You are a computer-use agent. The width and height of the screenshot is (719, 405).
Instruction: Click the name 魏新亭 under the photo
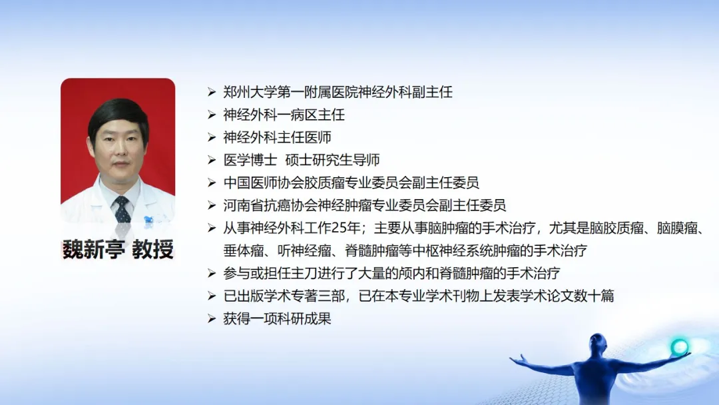point(94,249)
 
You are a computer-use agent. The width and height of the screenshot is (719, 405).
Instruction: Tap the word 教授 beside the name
point(153,249)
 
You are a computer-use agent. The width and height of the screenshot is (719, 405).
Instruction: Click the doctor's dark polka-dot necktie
point(122,209)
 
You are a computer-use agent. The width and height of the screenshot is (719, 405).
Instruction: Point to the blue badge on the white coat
point(148,221)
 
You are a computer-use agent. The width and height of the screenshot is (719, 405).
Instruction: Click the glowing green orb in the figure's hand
point(679,347)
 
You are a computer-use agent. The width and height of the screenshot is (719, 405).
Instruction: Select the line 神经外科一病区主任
point(284,115)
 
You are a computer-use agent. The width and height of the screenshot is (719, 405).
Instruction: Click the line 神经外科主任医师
point(277,137)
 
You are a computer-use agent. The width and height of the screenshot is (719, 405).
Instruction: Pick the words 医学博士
point(250,160)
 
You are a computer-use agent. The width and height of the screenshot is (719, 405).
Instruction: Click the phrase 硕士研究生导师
point(332,160)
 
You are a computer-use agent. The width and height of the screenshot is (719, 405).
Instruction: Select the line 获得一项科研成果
point(277,318)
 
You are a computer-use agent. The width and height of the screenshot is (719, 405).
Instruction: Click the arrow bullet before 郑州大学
point(212,92)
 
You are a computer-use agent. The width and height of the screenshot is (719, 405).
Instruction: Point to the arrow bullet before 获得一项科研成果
point(212,318)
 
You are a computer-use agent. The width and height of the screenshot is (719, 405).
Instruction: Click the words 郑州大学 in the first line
point(250,92)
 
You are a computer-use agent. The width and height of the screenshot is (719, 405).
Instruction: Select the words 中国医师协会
point(264,183)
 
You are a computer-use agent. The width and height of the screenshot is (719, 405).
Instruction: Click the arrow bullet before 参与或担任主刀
point(212,273)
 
